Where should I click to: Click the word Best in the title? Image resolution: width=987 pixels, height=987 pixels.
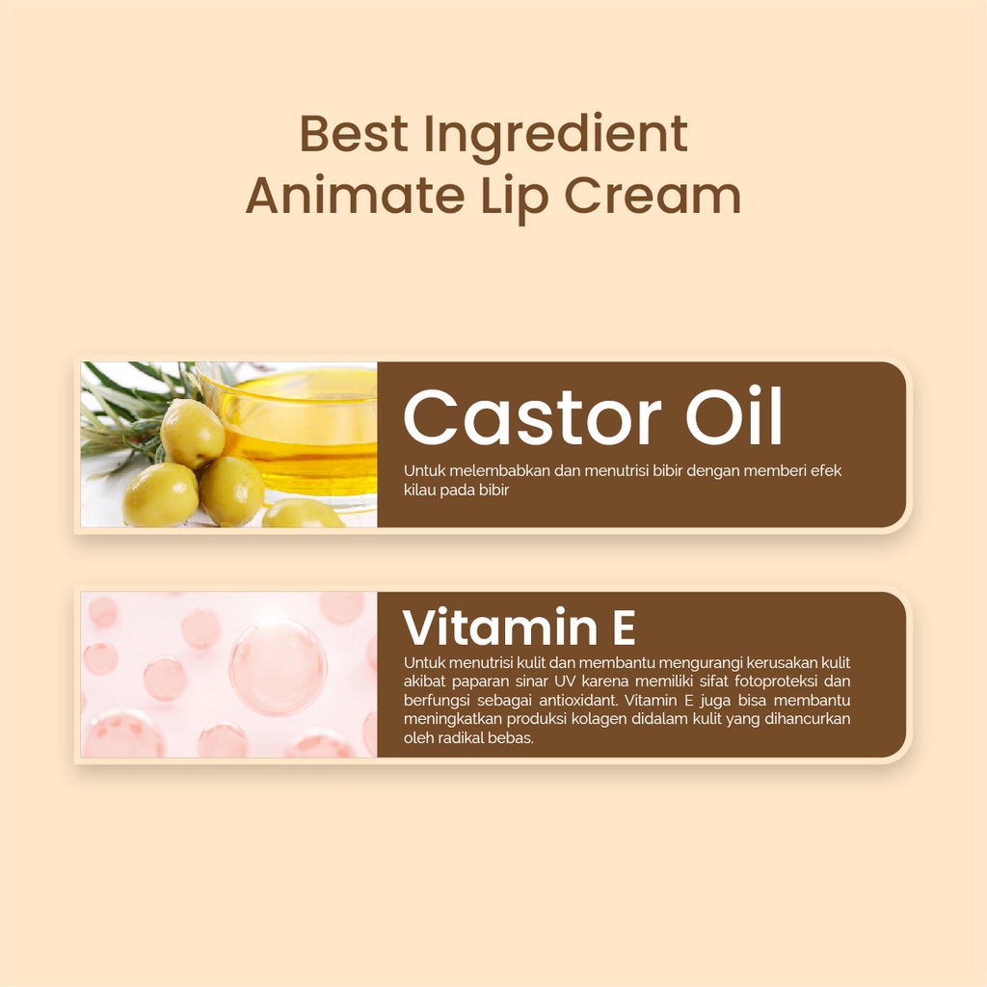pyautogui.click(x=354, y=134)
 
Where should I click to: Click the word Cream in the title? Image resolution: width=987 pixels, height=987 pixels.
pyautogui.click(x=652, y=195)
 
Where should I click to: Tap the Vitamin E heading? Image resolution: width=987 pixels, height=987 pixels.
pyautogui.click(x=519, y=628)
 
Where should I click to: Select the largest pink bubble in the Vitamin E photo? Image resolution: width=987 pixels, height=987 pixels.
pyautogui.click(x=278, y=667)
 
